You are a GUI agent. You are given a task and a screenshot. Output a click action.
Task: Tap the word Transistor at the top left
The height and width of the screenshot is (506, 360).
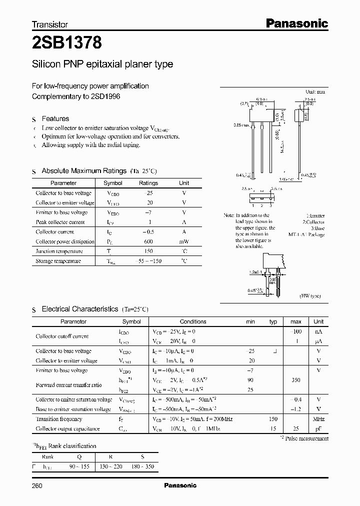[49, 24]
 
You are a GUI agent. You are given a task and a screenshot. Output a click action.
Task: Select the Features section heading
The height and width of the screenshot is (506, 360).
[55, 118]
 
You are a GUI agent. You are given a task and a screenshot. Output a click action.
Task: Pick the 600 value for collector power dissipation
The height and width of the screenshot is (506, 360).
[148, 241]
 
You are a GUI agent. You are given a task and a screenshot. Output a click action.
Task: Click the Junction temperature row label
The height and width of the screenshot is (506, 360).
[59, 251]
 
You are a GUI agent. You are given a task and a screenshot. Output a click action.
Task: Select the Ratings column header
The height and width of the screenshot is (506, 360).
[148, 183]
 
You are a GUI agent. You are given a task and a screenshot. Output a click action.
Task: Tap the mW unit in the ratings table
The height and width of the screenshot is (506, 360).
[184, 241]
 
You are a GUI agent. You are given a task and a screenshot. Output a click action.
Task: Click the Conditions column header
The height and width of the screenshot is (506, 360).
[193, 321]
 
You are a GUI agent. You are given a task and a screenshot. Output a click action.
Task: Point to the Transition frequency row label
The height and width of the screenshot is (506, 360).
[59, 419]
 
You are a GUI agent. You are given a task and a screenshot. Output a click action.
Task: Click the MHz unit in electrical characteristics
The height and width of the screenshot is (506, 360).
[318, 419]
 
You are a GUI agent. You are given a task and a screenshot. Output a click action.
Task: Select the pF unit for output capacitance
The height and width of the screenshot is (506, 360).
[318, 429]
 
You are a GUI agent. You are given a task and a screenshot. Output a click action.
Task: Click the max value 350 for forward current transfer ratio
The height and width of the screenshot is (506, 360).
[295, 380]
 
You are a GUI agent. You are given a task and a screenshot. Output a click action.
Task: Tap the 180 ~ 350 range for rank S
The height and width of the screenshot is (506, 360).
[142, 466]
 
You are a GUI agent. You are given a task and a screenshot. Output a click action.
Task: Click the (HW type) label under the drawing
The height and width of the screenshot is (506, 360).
[310, 296]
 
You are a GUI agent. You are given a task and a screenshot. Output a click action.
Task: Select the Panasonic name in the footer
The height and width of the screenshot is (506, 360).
[180, 485]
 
